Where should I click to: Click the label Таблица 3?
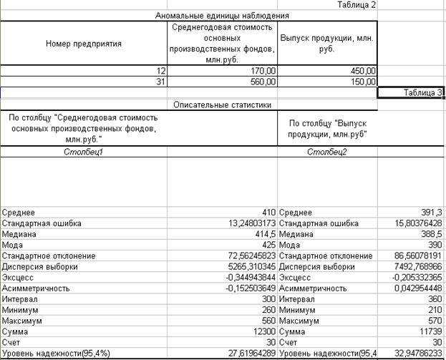[422, 92]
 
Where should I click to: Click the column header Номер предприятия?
[84, 43]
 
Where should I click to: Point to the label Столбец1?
[84, 152]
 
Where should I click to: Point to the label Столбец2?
[326, 152]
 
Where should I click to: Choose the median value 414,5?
[263, 234]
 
